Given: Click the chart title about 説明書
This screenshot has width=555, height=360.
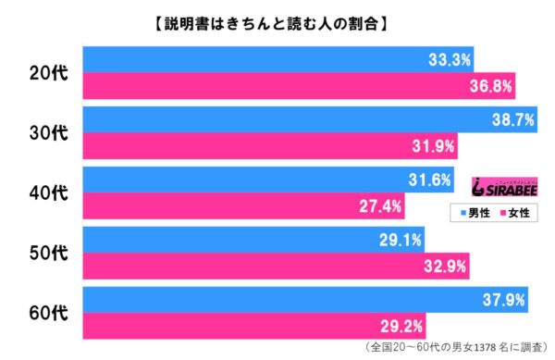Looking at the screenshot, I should [x=277, y=22].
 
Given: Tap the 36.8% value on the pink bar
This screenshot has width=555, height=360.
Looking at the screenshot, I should [x=490, y=87].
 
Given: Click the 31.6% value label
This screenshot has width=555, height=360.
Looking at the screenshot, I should [x=429, y=180].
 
